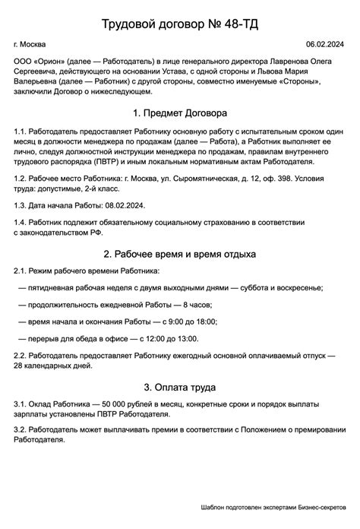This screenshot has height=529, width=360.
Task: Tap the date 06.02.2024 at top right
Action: pyautogui.click(x=326, y=46)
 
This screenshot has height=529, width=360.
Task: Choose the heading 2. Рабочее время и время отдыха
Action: pyautogui.click(x=179, y=253)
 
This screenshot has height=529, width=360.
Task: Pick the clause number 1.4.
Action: pyautogui.click(x=21, y=222)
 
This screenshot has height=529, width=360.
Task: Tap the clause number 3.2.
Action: pyautogui.click(x=21, y=429)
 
